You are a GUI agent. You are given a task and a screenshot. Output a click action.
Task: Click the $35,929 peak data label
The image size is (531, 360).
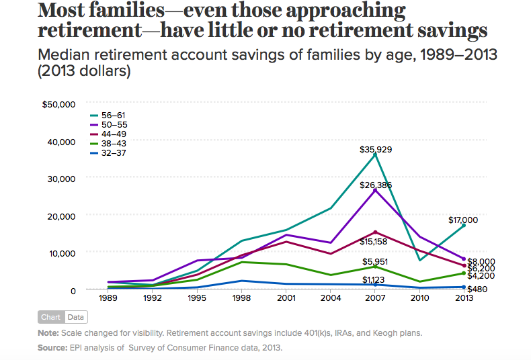(375, 149)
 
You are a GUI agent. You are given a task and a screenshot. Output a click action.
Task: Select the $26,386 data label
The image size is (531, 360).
(375, 185)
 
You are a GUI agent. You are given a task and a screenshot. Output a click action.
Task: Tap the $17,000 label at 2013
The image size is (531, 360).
(463, 220)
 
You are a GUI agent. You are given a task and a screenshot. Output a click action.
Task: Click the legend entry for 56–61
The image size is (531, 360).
(113, 116)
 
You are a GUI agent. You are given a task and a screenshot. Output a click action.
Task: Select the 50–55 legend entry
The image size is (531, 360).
(113, 125)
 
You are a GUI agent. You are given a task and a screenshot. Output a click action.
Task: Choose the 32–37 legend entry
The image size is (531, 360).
(113, 153)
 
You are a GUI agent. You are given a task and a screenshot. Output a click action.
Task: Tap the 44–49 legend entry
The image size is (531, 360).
(113, 134)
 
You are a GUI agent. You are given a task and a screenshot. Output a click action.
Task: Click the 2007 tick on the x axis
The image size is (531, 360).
(375, 298)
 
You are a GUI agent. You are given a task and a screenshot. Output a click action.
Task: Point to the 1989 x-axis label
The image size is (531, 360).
(108, 298)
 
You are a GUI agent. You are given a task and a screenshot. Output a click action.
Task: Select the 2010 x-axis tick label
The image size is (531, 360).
(419, 298)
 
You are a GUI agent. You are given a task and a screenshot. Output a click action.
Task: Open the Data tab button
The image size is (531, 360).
(76, 317)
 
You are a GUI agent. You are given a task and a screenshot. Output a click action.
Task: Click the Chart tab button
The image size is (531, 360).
(51, 317)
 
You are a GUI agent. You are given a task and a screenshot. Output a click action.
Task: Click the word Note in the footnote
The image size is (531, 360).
(48, 333)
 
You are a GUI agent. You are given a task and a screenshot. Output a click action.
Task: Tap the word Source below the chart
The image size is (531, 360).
(52, 348)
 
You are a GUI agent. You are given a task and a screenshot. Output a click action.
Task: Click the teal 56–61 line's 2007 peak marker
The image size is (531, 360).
(375, 154)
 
